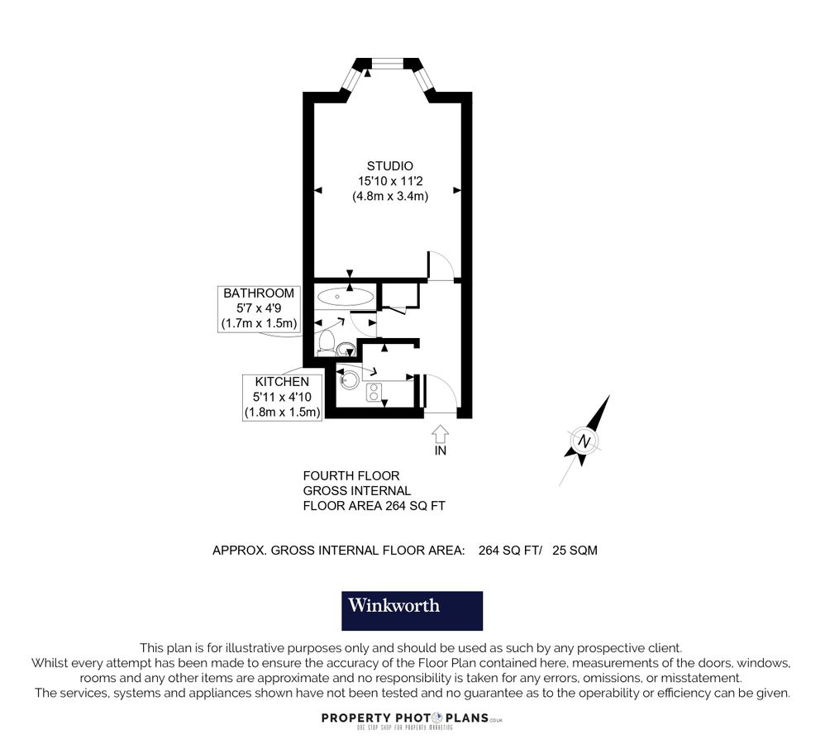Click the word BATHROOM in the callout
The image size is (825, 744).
tap(259, 293)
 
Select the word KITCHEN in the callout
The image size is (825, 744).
tap(282, 383)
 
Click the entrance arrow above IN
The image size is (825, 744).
tap(440, 433)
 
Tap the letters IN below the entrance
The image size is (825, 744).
tap(441, 451)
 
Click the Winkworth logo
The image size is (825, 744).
tap(412, 611)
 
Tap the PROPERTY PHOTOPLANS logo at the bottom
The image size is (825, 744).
tap(412, 719)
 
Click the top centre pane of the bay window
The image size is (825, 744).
tap(387, 63)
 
